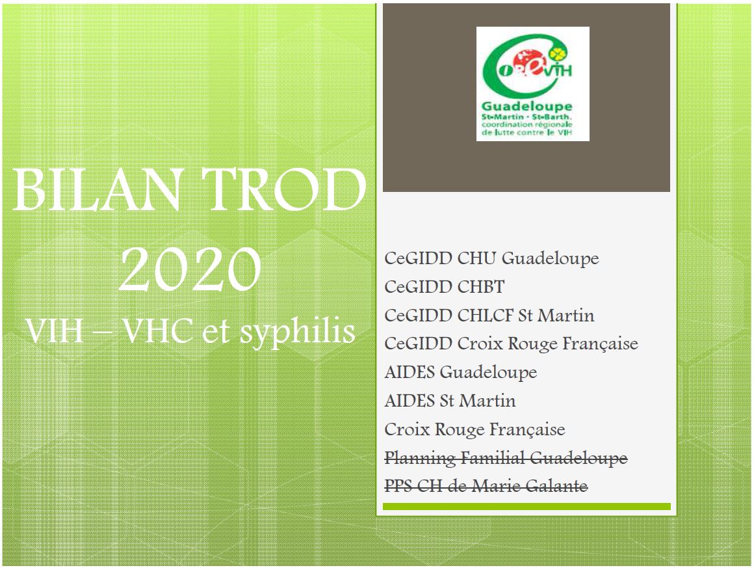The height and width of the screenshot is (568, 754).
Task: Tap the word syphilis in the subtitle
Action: [x=297, y=332]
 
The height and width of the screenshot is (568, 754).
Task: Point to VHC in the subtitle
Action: [x=157, y=331]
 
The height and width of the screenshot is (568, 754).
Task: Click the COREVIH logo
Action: [x=533, y=84]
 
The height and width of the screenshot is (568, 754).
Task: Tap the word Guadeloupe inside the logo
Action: [x=527, y=107]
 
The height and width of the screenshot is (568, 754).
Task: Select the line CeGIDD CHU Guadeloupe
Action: [x=491, y=258]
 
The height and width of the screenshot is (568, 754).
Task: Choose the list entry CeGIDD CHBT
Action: [x=445, y=287]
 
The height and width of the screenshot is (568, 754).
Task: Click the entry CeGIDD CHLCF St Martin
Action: [x=489, y=316]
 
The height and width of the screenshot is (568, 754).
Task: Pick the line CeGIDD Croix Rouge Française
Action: [x=511, y=344]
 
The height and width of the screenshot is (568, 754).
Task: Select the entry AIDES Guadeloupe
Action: [x=461, y=373]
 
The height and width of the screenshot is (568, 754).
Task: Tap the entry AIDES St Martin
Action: [x=450, y=401]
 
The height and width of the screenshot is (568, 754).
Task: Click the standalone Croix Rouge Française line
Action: [x=474, y=429]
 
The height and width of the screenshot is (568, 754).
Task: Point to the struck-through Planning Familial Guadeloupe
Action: [x=506, y=458]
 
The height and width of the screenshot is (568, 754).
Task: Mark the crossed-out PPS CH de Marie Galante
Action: [x=486, y=485]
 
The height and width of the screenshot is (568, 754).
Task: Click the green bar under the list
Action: [x=526, y=506]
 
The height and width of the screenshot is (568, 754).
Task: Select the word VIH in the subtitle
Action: [x=55, y=331]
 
